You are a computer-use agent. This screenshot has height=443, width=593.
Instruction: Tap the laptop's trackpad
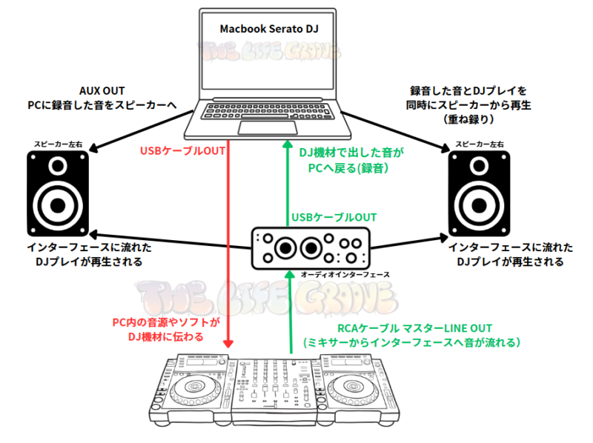click(x=257, y=127)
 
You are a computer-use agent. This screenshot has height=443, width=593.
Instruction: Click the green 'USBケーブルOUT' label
click(x=334, y=217)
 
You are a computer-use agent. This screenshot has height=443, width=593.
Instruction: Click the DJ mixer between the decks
click(x=274, y=389)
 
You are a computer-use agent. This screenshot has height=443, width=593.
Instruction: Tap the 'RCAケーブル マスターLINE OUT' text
click(x=414, y=328)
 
